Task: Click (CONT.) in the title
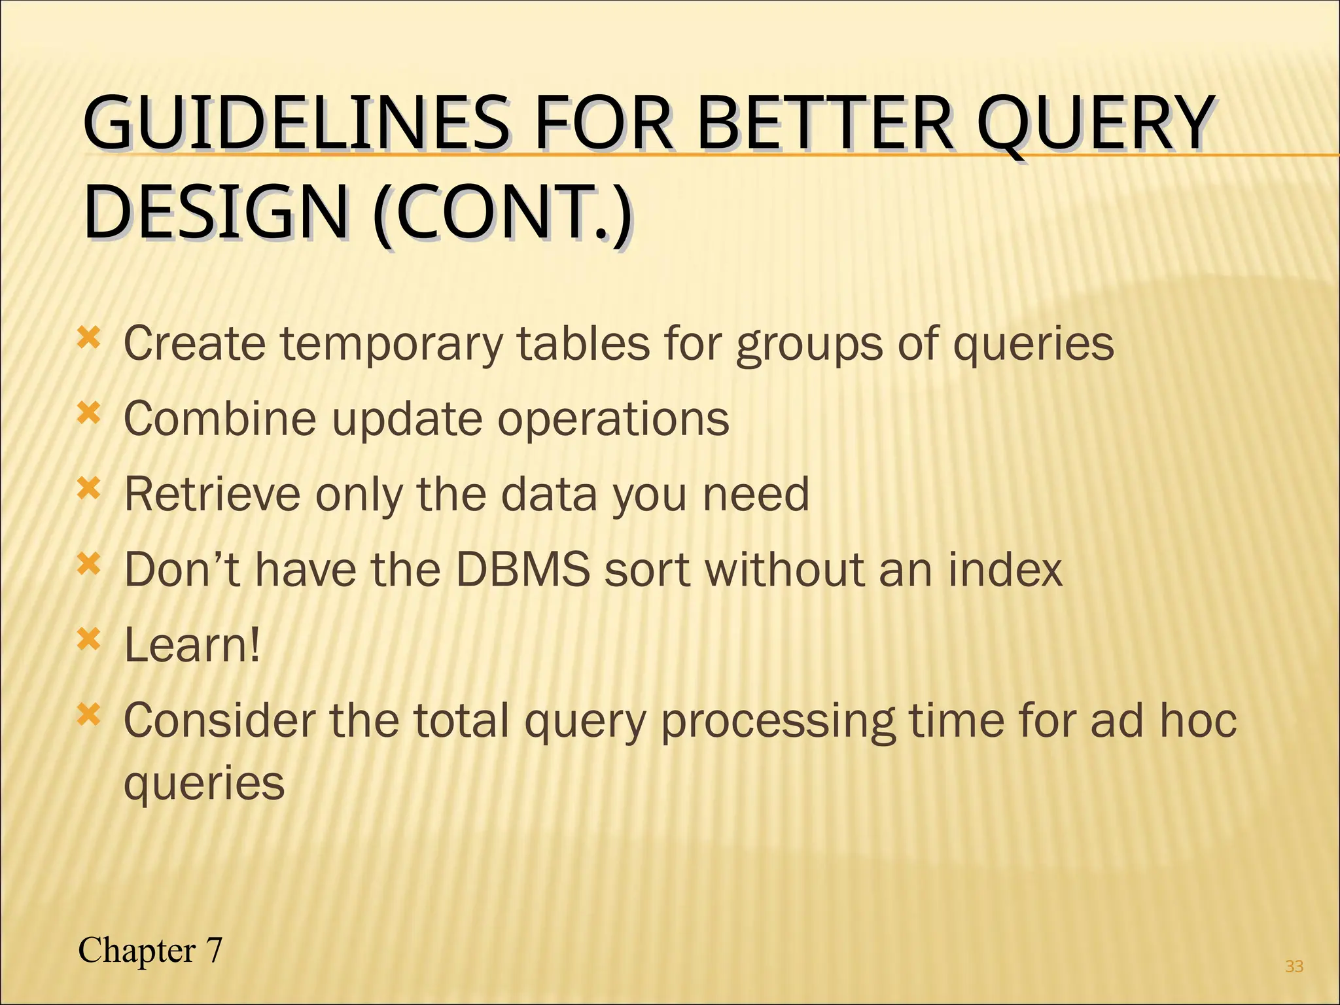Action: (x=502, y=213)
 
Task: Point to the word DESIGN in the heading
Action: (x=216, y=213)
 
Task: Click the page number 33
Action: (x=1294, y=966)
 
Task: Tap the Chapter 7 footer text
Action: (x=150, y=950)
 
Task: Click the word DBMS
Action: (x=522, y=569)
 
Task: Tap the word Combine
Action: (x=220, y=419)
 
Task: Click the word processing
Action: (x=777, y=721)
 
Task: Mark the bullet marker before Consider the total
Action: (x=89, y=715)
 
